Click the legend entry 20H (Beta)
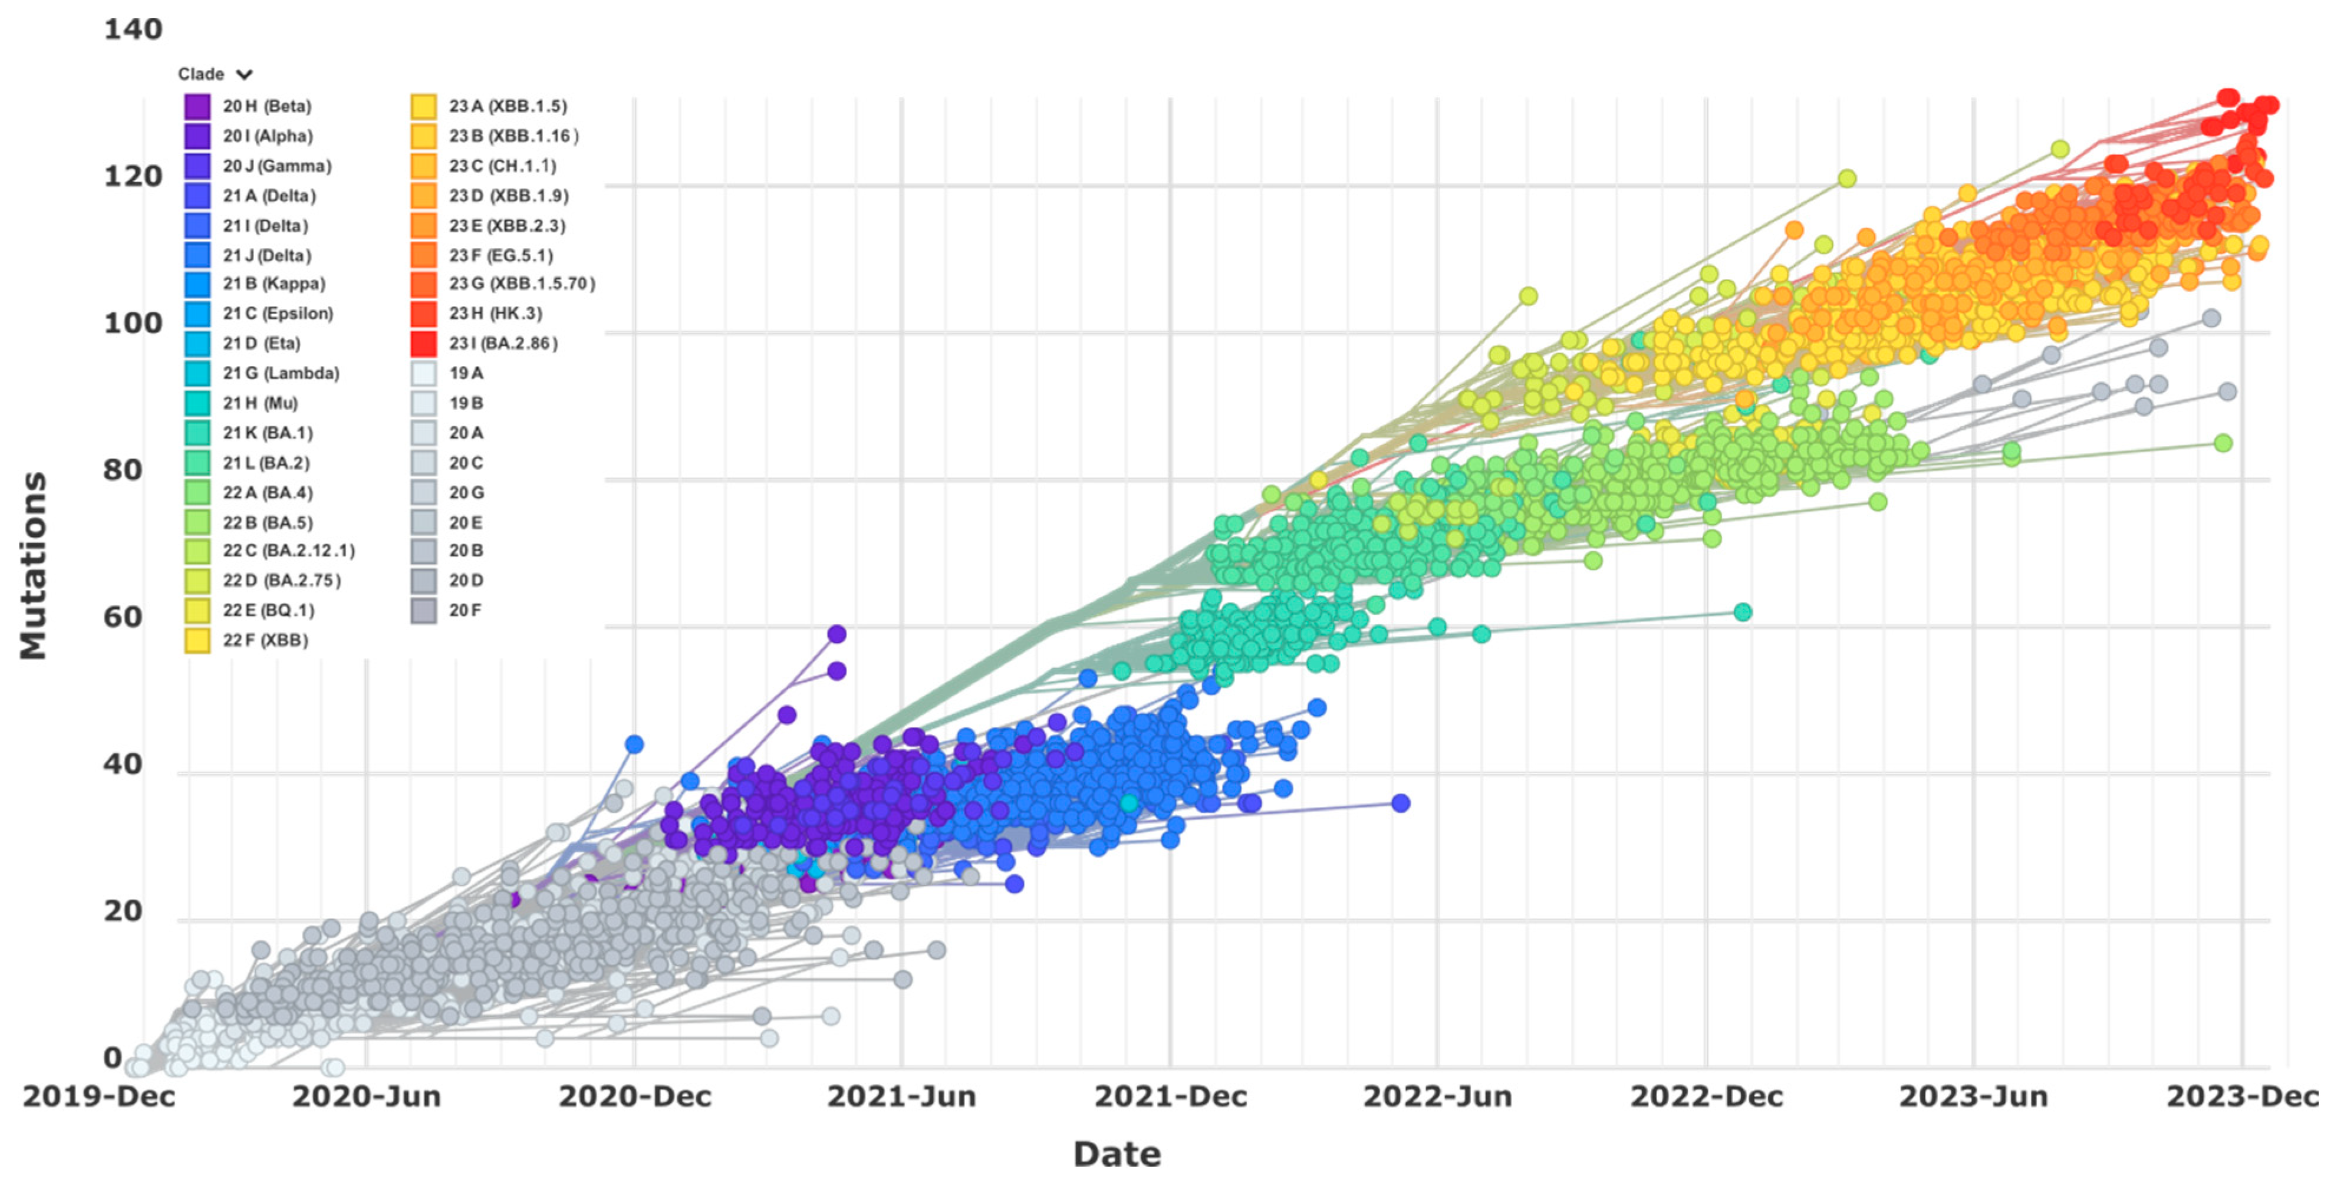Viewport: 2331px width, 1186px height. [x=267, y=106]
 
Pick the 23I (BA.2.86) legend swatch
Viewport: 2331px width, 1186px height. [x=423, y=344]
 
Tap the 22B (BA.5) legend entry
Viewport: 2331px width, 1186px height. [x=268, y=523]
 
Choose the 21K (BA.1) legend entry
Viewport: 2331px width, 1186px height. [x=268, y=433]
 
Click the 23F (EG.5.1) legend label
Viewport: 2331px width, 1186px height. [x=501, y=255]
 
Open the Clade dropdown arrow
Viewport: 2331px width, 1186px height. [x=244, y=74]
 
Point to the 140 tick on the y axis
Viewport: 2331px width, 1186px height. [x=133, y=30]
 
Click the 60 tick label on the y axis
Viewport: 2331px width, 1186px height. [x=123, y=618]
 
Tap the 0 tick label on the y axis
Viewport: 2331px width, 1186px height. [x=112, y=1057]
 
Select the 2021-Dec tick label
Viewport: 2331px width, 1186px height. [x=1170, y=1096]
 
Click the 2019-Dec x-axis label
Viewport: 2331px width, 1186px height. [x=98, y=1096]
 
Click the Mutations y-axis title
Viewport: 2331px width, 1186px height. [x=34, y=565]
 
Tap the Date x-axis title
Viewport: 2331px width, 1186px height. [x=1117, y=1154]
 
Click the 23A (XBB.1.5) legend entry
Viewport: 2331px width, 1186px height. [x=508, y=106]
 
